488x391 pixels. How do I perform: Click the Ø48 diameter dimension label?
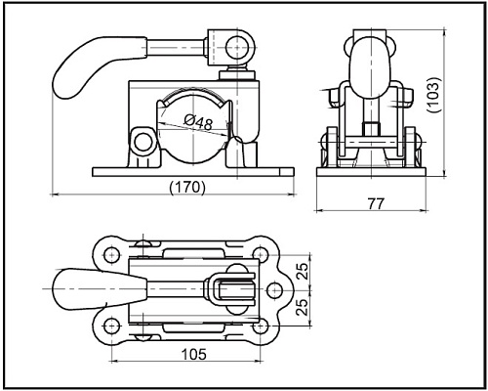198,122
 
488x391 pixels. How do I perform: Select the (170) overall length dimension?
187,187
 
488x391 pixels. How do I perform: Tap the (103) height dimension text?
433,95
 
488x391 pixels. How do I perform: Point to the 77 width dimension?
376,203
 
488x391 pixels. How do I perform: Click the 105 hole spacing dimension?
193,354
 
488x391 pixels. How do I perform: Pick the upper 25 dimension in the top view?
303,271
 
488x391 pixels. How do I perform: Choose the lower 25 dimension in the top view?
303,307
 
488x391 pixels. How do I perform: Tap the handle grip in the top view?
98,289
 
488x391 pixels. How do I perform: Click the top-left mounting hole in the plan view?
111,253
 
